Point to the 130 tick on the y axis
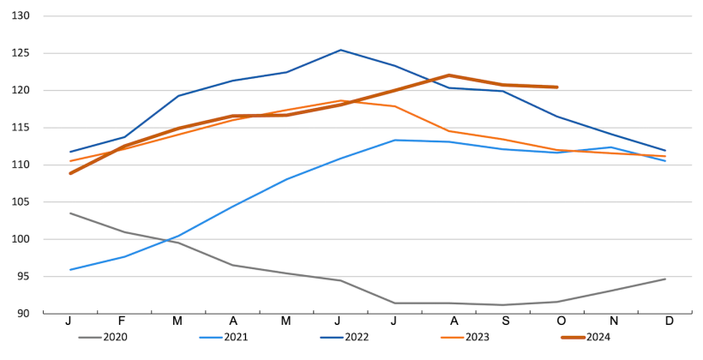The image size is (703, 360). [x=21, y=16]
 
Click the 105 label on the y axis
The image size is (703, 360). [x=21, y=202]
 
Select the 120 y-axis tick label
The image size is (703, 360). [x=21, y=91]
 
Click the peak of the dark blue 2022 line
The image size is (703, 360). [x=340, y=50]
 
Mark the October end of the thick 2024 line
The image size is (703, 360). [x=557, y=87]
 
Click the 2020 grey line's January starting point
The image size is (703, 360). [x=70, y=213]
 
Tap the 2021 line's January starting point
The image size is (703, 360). [x=70, y=270]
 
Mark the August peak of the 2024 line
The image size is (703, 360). [x=448, y=75]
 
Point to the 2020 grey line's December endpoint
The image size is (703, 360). [x=665, y=279]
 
